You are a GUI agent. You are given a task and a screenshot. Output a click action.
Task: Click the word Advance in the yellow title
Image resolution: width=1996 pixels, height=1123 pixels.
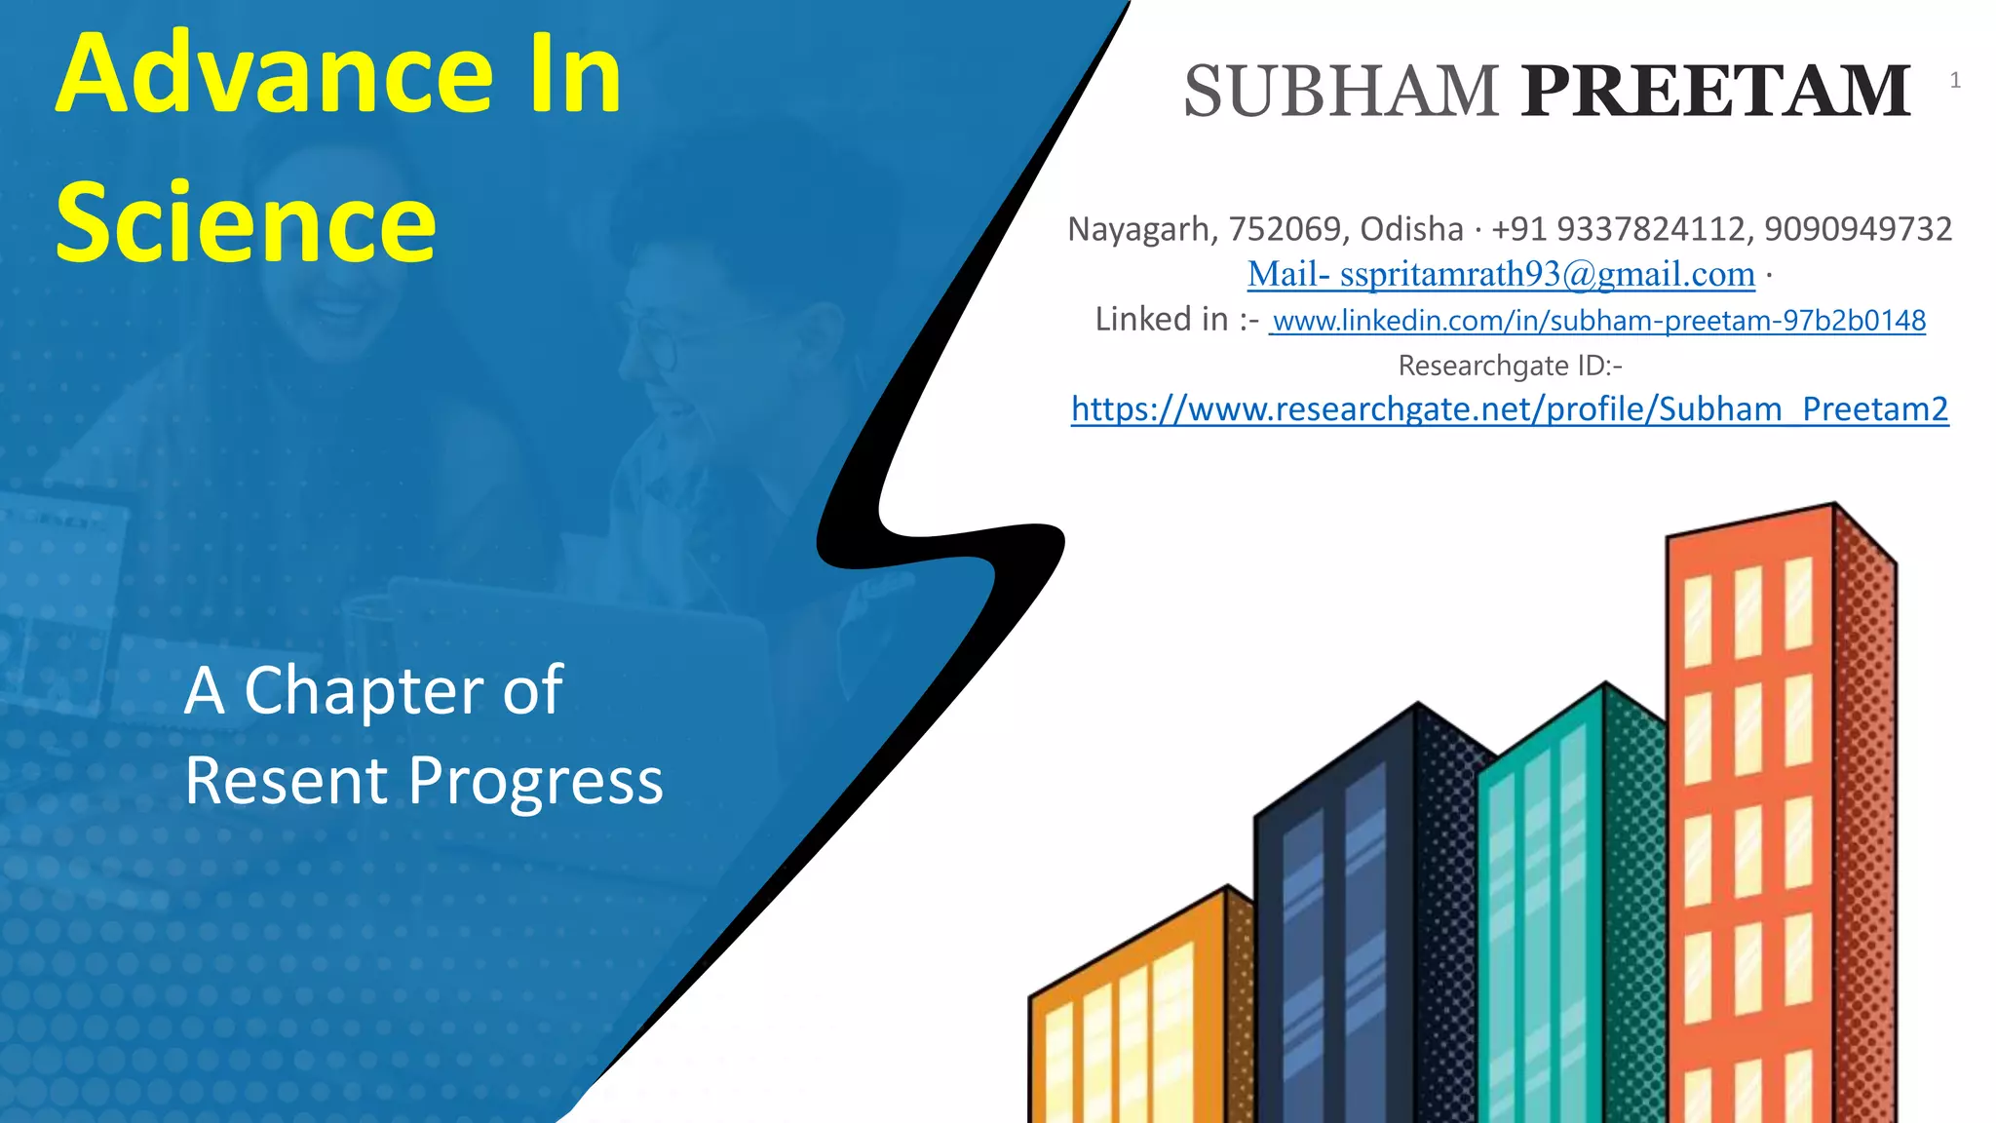pos(275,74)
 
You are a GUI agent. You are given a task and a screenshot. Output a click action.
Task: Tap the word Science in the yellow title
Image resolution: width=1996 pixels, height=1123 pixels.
pos(246,223)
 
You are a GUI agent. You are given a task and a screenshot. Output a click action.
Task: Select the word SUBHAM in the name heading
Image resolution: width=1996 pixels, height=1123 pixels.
pos(1341,92)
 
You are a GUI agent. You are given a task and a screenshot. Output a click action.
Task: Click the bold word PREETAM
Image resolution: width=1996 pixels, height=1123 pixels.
pos(1716,92)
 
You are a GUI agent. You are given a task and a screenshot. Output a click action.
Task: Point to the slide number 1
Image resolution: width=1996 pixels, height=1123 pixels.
pos(1954,81)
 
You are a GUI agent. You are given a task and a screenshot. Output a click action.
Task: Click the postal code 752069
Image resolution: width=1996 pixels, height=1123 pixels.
pos(1285,229)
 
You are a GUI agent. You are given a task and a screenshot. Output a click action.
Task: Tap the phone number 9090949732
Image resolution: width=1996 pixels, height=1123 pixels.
pos(1858,229)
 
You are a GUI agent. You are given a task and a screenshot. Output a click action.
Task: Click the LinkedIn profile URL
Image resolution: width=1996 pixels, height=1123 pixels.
pos(1598,321)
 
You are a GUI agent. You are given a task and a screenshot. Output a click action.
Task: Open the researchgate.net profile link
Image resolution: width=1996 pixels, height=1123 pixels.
pos(1510,409)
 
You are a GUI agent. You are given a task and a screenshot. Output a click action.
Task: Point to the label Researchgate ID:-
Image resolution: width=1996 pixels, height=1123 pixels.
pos(1510,366)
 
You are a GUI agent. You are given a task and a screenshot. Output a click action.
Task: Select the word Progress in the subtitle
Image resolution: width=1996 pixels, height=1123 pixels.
pos(535,782)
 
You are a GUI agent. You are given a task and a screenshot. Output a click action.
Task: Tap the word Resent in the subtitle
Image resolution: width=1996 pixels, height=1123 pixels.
pos(287,782)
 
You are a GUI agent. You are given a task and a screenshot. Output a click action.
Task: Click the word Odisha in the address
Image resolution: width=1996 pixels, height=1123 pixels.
pos(1411,229)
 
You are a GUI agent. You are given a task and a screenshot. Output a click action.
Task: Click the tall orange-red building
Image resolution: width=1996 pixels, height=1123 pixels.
pos(1754,799)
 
